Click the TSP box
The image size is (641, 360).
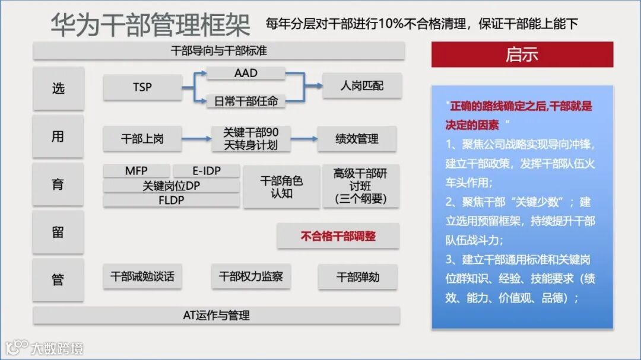click(x=142, y=88)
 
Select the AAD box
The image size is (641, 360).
click(x=246, y=74)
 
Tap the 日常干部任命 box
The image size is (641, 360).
click(x=246, y=101)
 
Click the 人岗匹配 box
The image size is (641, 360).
click(x=362, y=87)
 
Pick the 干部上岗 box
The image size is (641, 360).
click(x=142, y=139)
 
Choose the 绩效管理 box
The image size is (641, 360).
click(x=357, y=139)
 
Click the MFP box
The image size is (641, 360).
click(x=136, y=171)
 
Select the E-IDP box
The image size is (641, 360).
click(x=206, y=171)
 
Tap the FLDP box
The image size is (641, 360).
click(x=171, y=200)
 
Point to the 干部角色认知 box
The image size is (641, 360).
click(x=281, y=187)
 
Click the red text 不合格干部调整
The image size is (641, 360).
click(x=338, y=236)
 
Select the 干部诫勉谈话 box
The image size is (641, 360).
click(x=142, y=276)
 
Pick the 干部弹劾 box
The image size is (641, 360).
click(x=357, y=277)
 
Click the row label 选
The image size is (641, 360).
click(x=58, y=88)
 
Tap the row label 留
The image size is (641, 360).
click(x=58, y=232)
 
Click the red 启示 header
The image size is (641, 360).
click(x=522, y=55)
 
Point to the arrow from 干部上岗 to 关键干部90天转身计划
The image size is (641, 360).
click(x=196, y=139)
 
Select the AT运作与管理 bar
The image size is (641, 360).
click(x=216, y=316)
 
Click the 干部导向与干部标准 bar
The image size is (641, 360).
click(x=218, y=51)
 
